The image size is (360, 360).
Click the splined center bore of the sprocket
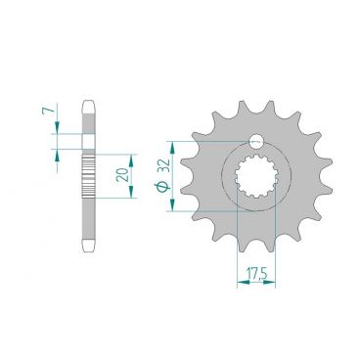pyautogui.click(x=256, y=179)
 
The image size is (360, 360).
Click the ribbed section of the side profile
pyautogui.click(x=90, y=176)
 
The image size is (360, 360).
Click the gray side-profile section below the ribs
pyautogui.click(x=90, y=220)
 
